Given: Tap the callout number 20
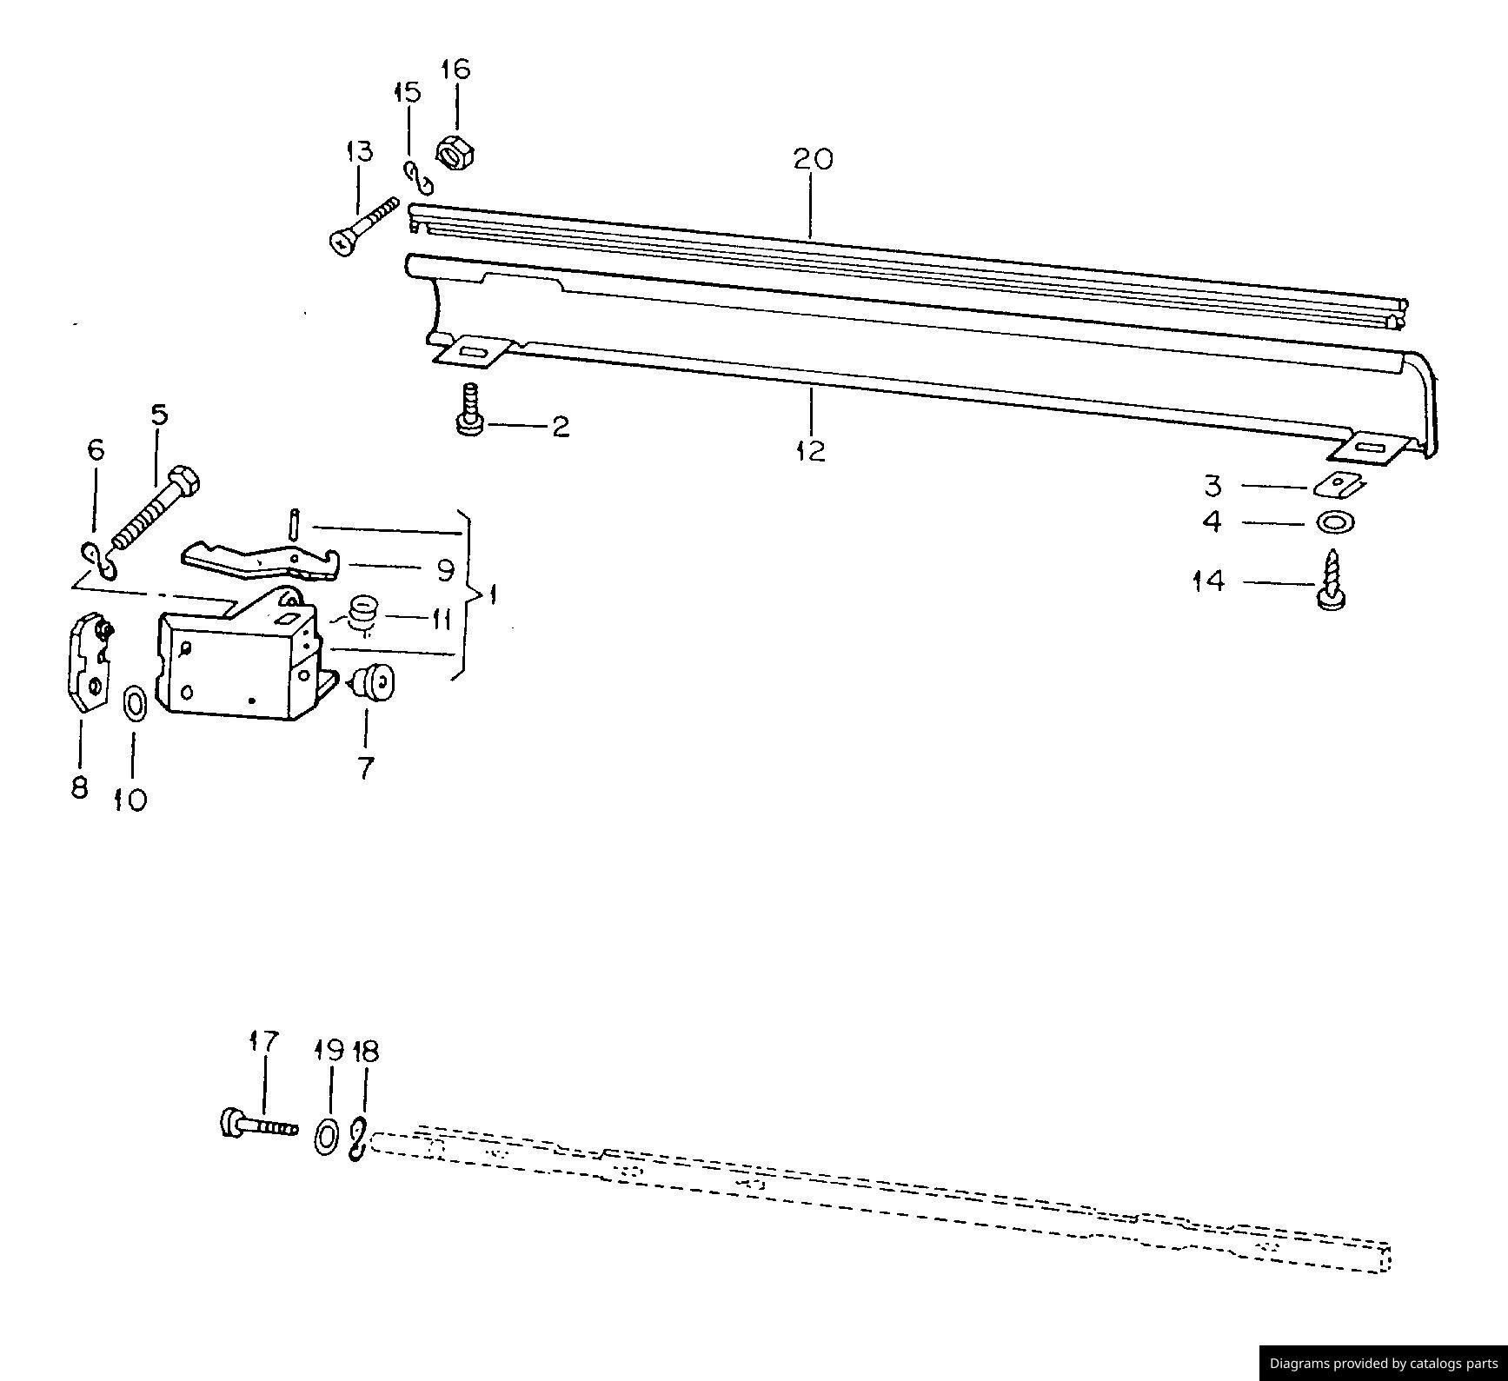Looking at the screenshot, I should click(812, 159).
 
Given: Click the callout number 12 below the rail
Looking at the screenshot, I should click(810, 451).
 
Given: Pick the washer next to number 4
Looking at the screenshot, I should click(1337, 522).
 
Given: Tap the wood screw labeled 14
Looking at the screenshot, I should click(1331, 581).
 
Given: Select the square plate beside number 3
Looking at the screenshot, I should click(1339, 484).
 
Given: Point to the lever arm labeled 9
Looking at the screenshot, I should click(261, 561).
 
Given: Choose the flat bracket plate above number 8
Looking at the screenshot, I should click(89, 664).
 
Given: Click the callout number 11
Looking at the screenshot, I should click(442, 620).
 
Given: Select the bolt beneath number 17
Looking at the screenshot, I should click(257, 1126).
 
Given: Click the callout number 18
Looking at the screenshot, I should click(366, 1052).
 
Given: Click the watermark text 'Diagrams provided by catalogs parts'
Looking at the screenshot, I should click(1383, 1363).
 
